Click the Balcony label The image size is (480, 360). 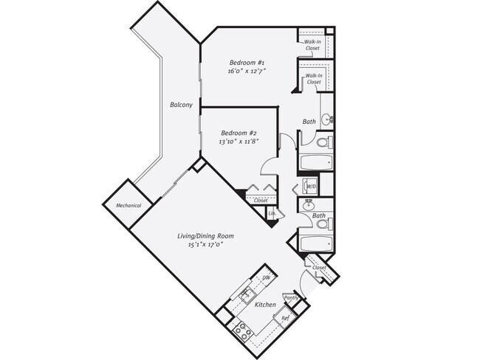(x=182, y=105)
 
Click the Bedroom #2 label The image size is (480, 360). (x=238, y=133)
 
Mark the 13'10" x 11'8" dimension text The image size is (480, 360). (x=238, y=142)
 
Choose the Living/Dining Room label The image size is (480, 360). (x=205, y=236)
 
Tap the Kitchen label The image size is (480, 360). (x=265, y=305)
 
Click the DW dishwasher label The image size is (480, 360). (x=266, y=277)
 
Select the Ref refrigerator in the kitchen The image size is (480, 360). (x=286, y=318)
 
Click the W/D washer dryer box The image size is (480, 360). (x=310, y=186)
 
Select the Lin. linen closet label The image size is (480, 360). (x=272, y=214)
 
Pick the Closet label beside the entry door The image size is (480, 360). (x=319, y=267)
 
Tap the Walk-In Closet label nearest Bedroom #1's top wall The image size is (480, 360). (x=312, y=45)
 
